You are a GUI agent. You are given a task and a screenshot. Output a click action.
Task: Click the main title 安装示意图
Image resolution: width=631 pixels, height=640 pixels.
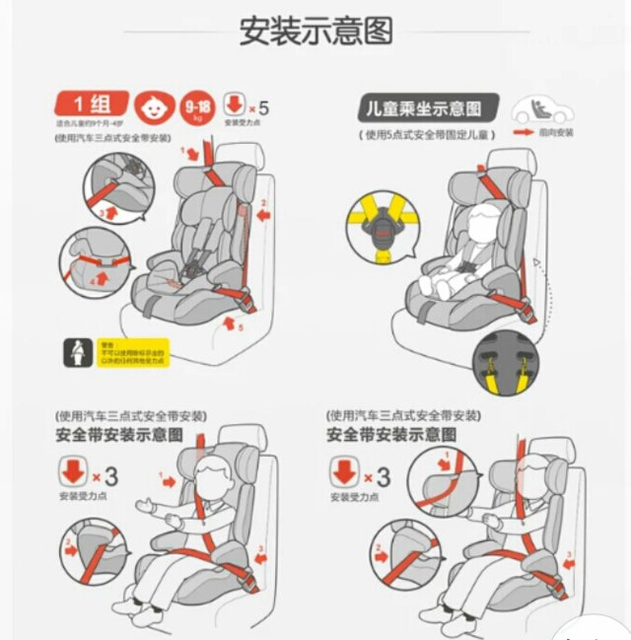[315, 31]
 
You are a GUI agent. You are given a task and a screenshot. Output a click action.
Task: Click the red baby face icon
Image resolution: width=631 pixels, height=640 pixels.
[153, 106]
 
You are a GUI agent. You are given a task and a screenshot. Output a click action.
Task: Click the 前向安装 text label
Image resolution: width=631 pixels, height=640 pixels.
[556, 132]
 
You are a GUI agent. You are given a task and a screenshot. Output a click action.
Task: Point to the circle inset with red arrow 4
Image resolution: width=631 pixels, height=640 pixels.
[97, 264]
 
